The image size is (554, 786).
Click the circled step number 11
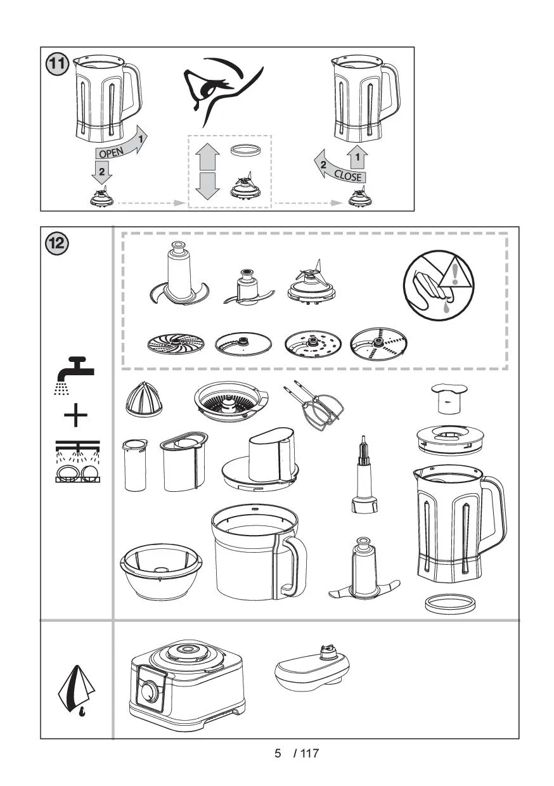[57, 64]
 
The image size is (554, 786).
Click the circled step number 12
[57, 243]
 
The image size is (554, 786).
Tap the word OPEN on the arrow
[111, 152]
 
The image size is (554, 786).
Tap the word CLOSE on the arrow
[347, 176]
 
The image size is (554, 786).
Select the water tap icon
[74, 375]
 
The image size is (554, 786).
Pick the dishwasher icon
[77, 461]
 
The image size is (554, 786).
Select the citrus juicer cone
[144, 399]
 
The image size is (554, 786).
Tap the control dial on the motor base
[150, 690]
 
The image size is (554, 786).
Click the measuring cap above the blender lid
[449, 398]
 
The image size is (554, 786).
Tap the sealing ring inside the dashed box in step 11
[246, 150]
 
